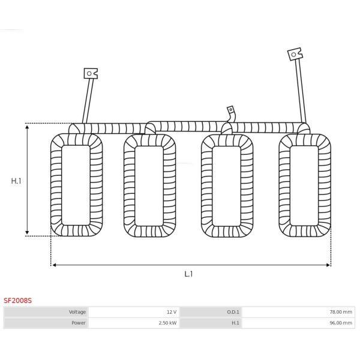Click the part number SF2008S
pos(17,301)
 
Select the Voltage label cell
pos(46,312)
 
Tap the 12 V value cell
pos(134,312)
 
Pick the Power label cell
pos(46,323)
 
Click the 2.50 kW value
pos(167,323)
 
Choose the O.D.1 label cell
pos(211,312)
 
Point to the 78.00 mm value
pos(341,312)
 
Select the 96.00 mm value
pos(341,323)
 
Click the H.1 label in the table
pos(235,323)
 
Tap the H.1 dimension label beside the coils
pos(16,181)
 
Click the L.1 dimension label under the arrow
pos(188,274)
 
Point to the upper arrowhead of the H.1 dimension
pos(27,127)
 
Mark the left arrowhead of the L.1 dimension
pos(54,265)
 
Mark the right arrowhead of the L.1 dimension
pos(328,265)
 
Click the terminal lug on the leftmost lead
pos(91,73)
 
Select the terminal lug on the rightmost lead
pos(295,54)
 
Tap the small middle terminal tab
pos(230,110)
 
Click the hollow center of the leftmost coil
pos(76,185)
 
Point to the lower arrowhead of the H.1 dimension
pos(27,232)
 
